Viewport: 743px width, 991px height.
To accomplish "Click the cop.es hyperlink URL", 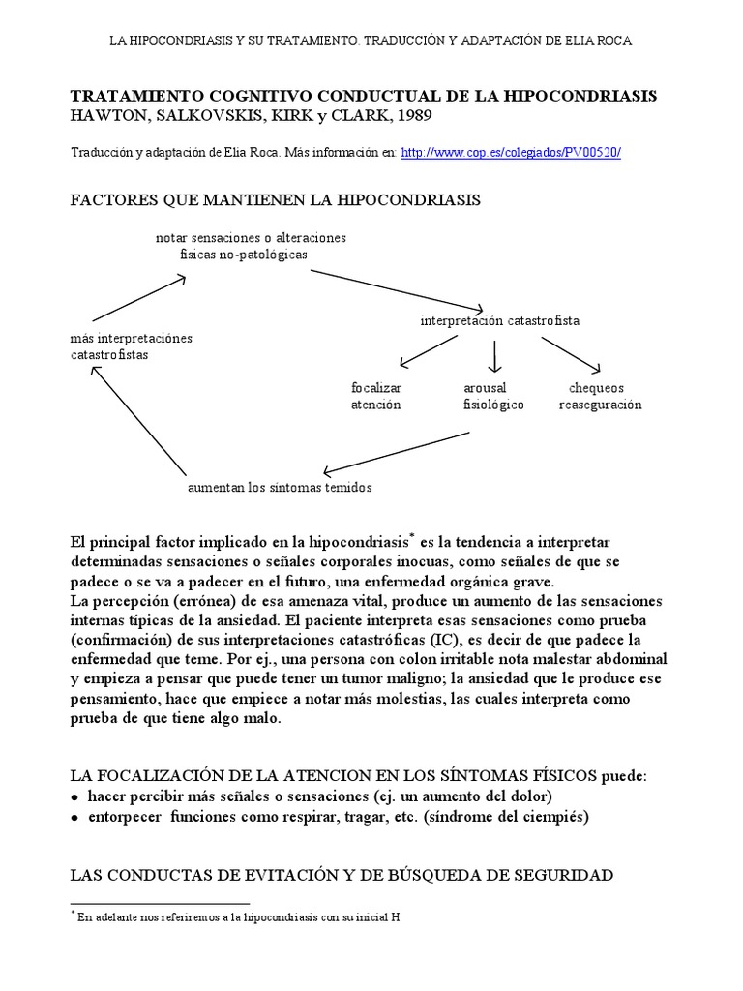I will coord(510,153).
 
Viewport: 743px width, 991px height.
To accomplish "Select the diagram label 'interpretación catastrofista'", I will coord(500,320).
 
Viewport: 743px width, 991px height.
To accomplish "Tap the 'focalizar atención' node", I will coord(375,396).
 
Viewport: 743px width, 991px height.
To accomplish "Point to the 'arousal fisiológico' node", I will coord(493,396).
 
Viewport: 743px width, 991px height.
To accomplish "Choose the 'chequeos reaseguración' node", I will coord(600,396).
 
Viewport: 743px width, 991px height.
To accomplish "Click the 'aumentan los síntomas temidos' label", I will coord(279,487).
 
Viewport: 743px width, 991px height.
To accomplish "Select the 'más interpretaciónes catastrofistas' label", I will coord(132,346).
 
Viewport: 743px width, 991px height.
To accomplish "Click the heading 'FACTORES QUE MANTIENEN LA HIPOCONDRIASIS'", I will coord(277,200).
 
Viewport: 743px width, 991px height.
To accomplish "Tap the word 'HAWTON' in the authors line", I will coord(106,116).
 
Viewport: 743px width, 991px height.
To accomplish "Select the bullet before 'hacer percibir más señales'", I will coord(76,796).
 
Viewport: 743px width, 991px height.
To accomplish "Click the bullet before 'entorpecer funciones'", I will coord(76,817).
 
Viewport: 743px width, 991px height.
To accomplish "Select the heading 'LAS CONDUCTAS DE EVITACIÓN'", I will coord(342,875).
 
